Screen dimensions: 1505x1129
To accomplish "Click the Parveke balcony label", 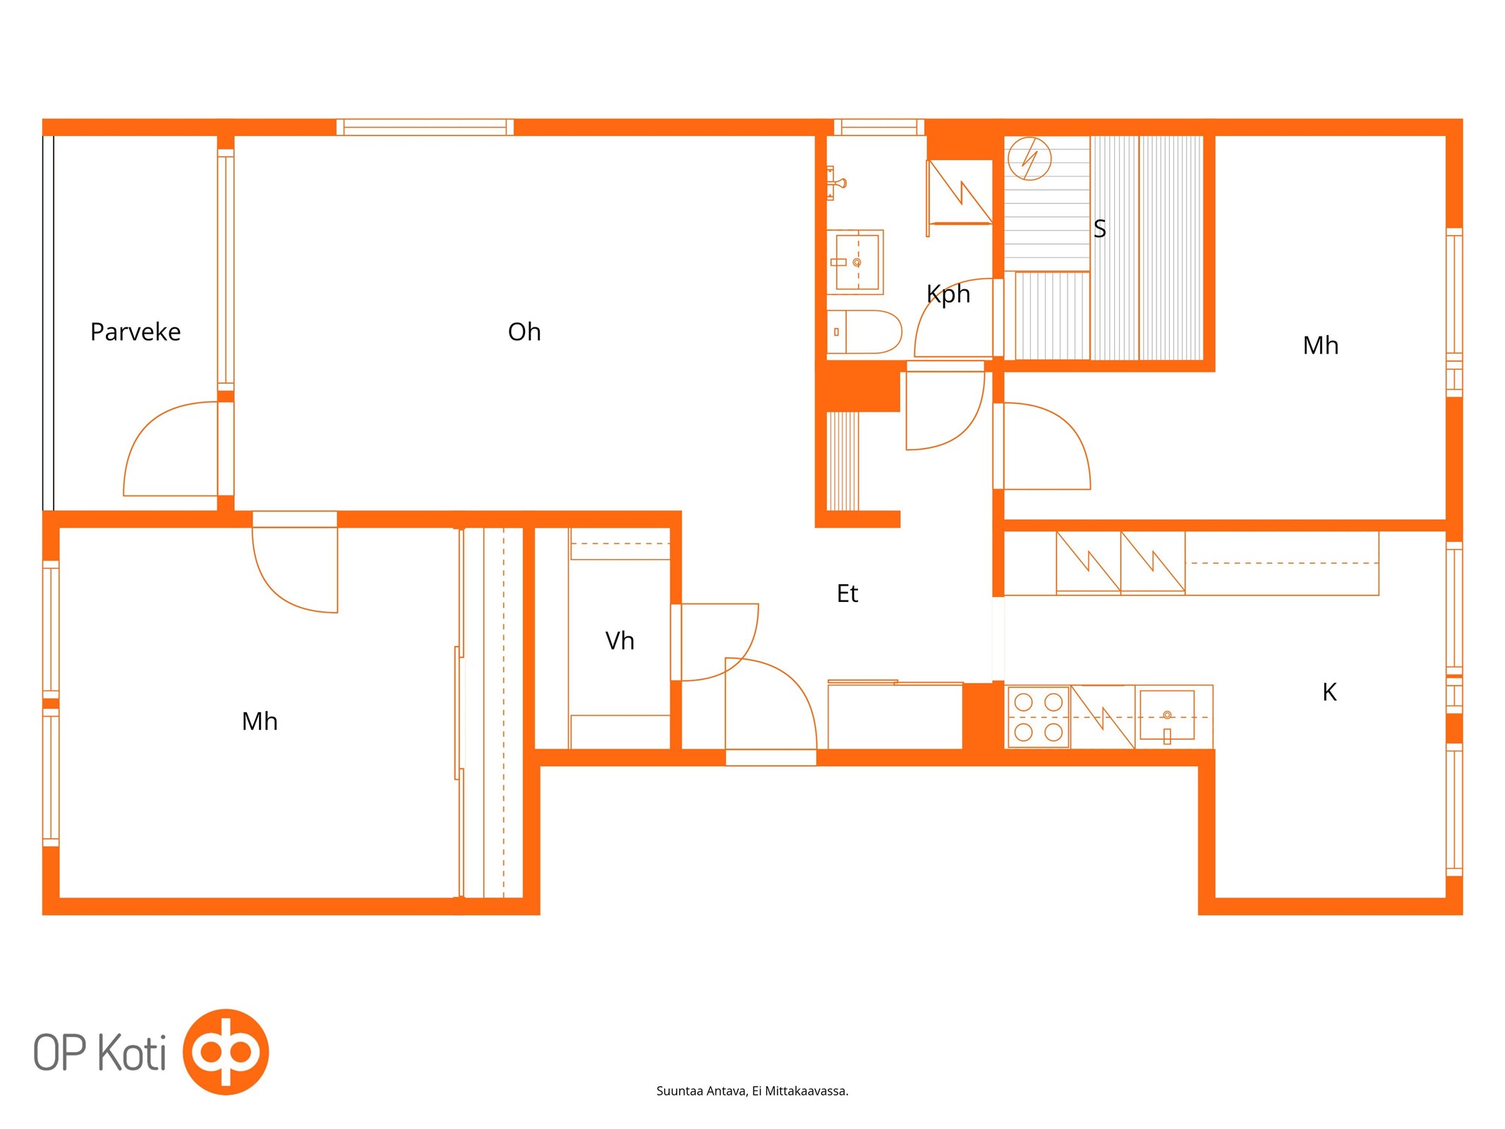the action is click(x=135, y=332).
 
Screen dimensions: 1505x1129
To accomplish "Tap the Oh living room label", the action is click(x=524, y=332).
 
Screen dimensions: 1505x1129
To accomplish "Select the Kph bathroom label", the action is click(x=948, y=294).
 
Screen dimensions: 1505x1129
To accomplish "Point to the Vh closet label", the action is click(x=619, y=641).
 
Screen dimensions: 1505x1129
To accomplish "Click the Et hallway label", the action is click(x=847, y=593).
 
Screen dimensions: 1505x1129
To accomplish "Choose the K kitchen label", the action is click(x=1329, y=692).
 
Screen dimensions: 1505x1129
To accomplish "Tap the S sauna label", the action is click(x=1099, y=229).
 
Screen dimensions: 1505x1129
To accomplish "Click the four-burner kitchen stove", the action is click(x=1038, y=717).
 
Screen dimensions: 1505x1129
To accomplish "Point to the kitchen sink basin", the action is click(x=1167, y=716).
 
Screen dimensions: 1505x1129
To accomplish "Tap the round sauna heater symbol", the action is click(x=1029, y=159).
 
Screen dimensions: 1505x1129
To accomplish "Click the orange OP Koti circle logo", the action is click(x=226, y=1051).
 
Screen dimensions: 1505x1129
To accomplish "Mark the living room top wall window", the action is click(x=425, y=127).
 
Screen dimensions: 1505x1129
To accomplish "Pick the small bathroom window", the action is click(x=879, y=127).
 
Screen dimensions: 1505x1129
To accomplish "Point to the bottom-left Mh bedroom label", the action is click(x=260, y=721).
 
